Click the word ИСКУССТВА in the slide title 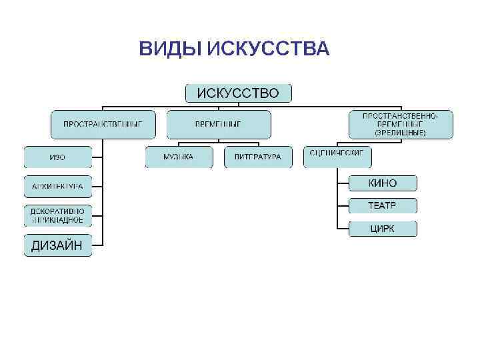268,49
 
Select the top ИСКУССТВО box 237,93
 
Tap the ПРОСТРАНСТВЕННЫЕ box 103,124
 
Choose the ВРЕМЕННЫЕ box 218,124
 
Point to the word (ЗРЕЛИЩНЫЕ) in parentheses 400,133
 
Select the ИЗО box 57,157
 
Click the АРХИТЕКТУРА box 57,187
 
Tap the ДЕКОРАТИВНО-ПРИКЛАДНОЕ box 57,215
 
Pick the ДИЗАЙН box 57,245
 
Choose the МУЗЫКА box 179,157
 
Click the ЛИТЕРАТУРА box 258,157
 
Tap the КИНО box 383,183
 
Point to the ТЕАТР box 383,205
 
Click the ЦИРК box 383,229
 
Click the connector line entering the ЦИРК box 343,229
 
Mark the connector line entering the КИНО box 343,183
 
